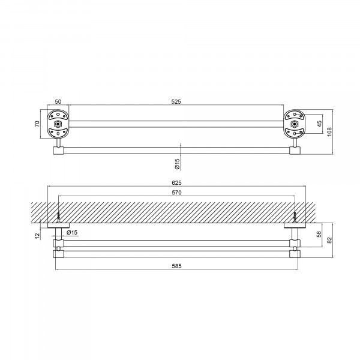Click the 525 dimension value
(x=176, y=101)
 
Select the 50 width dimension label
(x=58, y=101)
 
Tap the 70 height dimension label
(x=37, y=124)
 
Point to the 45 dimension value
(x=319, y=124)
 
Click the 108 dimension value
(x=329, y=132)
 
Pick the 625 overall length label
(x=176, y=183)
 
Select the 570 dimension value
(x=176, y=193)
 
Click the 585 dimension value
(x=176, y=266)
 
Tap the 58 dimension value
(x=319, y=234)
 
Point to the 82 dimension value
(x=329, y=240)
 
